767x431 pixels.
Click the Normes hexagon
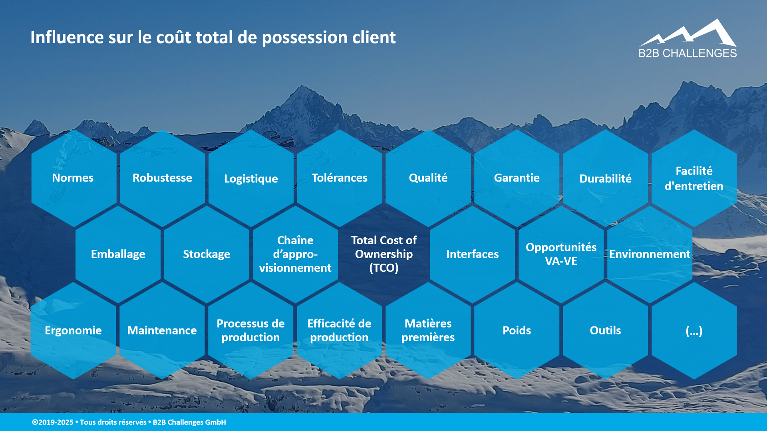pyautogui.click(x=74, y=178)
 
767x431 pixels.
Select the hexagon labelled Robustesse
pyautogui.click(x=162, y=178)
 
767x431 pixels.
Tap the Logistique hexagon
pyautogui.click(x=251, y=178)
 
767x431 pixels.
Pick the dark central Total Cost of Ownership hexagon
pyautogui.click(x=384, y=254)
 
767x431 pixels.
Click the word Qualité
pyautogui.click(x=428, y=178)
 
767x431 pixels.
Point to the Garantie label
pyautogui.click(x=517, y=178)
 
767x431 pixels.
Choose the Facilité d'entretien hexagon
pyautogui.click(x=694, y=178)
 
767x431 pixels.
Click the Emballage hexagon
pyautogui.click(x=118, y=254)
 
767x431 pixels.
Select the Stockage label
pyautogui.click(x=207, y=254)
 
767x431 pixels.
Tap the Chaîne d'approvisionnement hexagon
pyautogui.click(x=295, y=254)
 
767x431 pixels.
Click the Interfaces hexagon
pyautogui.click(x=472, y=254)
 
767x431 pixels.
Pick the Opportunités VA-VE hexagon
pyautogui.click(x=561, y=254)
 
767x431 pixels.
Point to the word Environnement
pyautogui.click(x=650, y=254)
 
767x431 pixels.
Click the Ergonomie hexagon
pyautogui.click(x=73, y=330)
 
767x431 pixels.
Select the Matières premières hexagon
pyautogui.click(x=428, y=330)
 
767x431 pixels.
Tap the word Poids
pyautogui.click(x=517, y=330)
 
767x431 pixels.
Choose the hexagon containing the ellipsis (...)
pyautogui.click(x=694, y=330)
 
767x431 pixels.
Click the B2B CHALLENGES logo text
pyautogui.click(x=688, y=53)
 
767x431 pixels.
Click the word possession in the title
pyautogui.click(x=305, y=38)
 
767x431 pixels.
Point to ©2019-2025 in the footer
pyautogui.click(x=53, y=422)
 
